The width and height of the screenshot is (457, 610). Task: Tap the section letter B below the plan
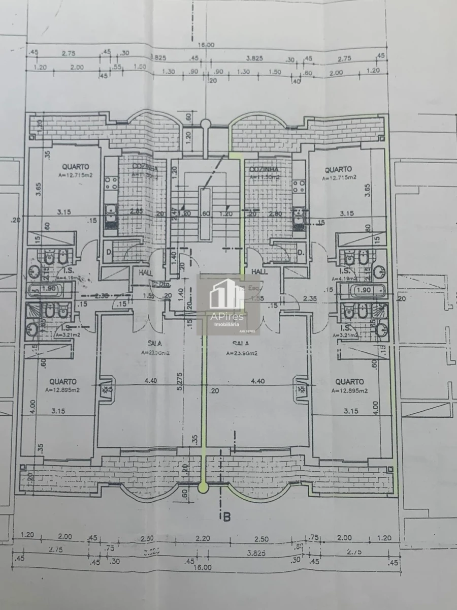(226, 517)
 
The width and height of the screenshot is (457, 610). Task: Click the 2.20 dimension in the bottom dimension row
(203, 538)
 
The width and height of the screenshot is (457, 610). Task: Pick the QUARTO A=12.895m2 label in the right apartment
(349, 385)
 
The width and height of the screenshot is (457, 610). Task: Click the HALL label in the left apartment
(140, 272)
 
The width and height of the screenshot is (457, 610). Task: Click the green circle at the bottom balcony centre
(204, 488)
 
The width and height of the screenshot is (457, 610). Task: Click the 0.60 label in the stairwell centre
(206, 214)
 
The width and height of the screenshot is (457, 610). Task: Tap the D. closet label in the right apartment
(300, 252)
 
